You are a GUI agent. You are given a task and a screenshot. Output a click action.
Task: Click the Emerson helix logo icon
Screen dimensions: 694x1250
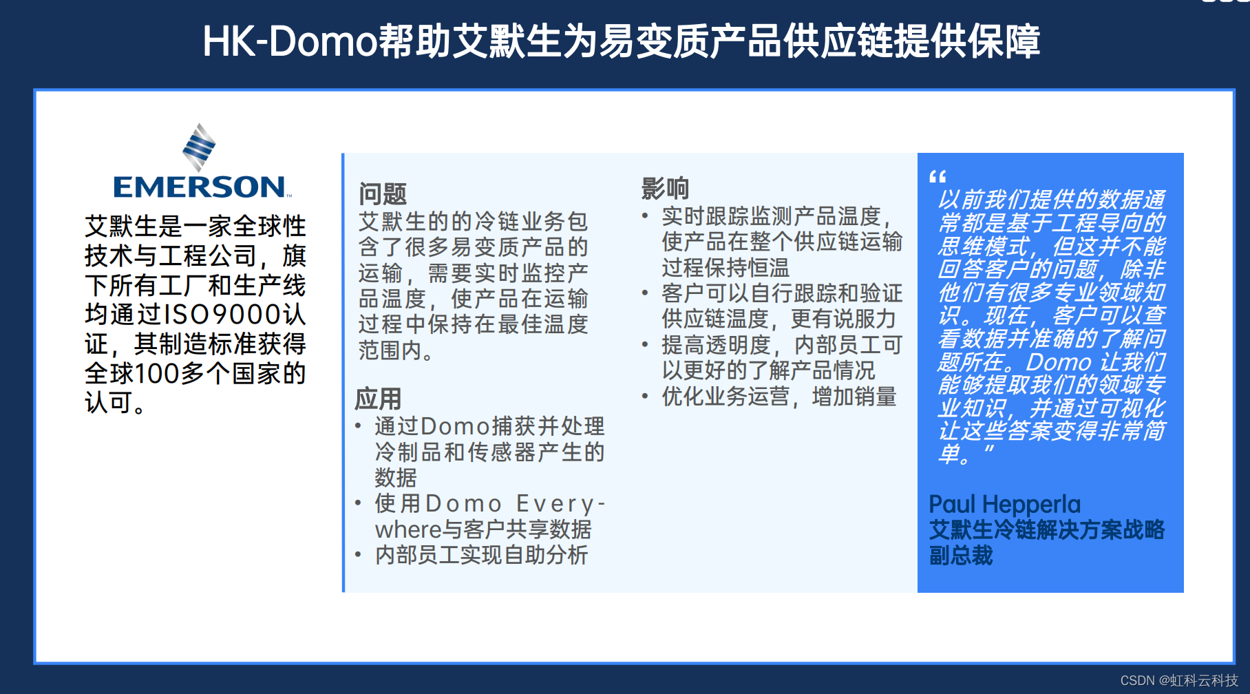pyautogui.click(x=199, y=147)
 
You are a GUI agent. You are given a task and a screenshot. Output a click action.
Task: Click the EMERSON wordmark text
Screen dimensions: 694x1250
pyautogui.click(x=200, y=187)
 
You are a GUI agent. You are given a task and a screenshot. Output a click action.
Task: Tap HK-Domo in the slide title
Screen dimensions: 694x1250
pyautogui.click(x=290, y=41)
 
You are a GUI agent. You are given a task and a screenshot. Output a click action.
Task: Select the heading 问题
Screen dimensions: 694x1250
pyautogui.click(x=383, y=194)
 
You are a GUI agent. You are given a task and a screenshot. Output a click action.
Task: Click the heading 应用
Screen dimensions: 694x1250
pyautogui.click(x=378, y=399)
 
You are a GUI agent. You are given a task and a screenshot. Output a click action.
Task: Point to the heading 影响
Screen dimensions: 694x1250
pyautogui.click(x=665, y=188)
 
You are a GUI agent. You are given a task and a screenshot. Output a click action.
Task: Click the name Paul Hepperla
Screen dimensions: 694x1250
pyautogui.click(x=1004, y=505)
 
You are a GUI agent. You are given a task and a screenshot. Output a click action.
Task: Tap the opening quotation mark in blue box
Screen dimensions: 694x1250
pyautogui.click(x=937, y=177)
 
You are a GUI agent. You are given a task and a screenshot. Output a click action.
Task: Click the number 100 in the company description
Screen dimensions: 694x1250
pyautogui.click(x=156, y=374)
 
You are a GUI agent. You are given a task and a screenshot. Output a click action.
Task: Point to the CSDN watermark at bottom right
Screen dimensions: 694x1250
pyautogui.click(x=1178, y=680)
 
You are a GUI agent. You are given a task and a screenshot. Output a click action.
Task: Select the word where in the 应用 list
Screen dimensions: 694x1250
pyautogui.click(x=408, y=530)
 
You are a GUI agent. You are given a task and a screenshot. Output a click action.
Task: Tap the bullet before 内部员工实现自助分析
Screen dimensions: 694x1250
pyautogui.click(x=358, y=554)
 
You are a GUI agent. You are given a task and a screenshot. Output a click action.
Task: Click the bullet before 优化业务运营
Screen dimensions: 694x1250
pyautogui.click(x=645, y=396)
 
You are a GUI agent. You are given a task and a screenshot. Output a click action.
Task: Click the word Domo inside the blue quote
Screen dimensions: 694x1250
pyautogui.click(x=1059, y=362)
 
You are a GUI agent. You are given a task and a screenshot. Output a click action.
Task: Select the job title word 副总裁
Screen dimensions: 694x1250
pyautogui.click(x=961, y=556)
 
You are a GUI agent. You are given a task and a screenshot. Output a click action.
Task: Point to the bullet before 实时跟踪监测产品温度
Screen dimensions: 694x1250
pyautogui.click(x=645, y=215)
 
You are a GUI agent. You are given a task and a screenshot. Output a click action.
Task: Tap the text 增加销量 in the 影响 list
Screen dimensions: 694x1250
pyautogui.click(x=854, y=397)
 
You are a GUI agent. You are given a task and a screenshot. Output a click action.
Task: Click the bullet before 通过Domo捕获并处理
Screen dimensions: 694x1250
pyautogui.click(x=358, y=425)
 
